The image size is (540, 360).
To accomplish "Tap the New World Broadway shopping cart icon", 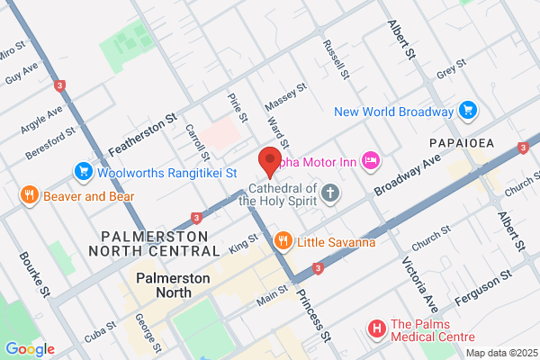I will click(467, 112).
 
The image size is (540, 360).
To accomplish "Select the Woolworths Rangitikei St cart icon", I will click(84, 171).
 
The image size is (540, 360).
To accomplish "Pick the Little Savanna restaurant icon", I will click(283, 239).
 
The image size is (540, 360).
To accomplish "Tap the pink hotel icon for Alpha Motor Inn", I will click(369, 161).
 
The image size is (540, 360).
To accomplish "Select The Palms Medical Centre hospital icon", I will click(377, 330).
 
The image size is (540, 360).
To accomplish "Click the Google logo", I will click(30, 349).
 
